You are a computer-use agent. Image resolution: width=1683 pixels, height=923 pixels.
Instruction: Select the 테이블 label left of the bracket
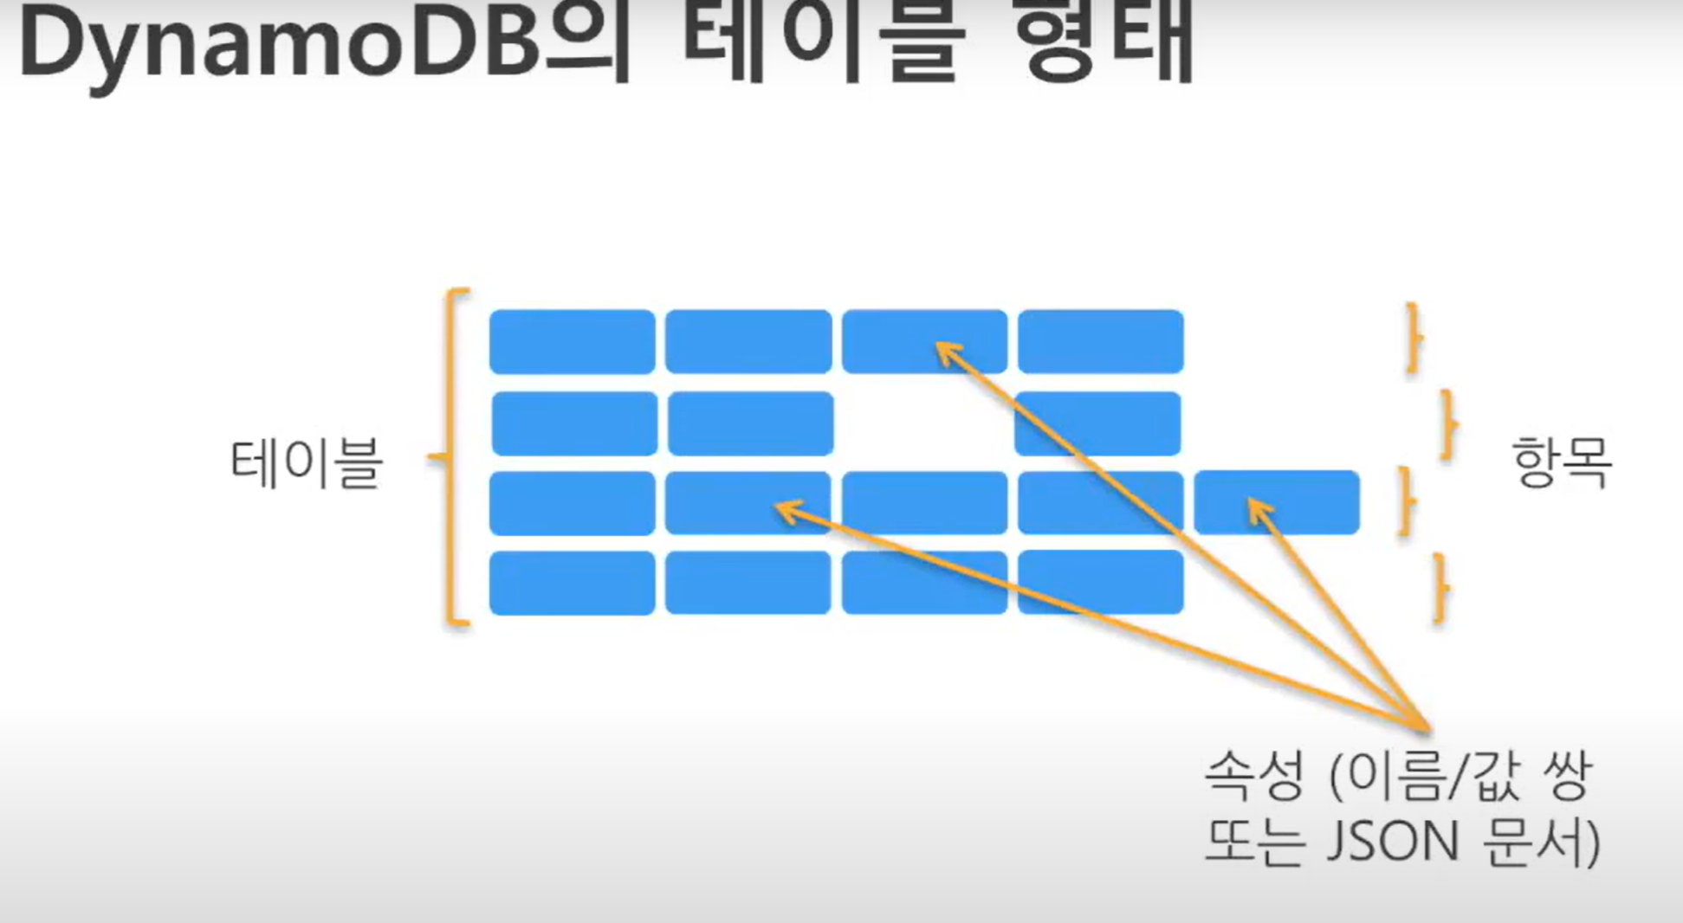click(306, 462)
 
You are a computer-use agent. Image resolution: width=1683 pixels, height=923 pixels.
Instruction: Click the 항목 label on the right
click(1562, 462)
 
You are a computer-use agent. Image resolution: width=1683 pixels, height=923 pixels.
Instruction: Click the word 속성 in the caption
click(1254, 776)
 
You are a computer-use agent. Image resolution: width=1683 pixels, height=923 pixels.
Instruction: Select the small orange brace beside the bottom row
click(1440, 589)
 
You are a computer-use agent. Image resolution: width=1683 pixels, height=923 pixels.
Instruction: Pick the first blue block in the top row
click(572, 342)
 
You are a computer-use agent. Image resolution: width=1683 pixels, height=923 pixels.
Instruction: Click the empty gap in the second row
click(923, 424)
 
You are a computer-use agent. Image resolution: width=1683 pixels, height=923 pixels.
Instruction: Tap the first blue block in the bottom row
click(572, 584)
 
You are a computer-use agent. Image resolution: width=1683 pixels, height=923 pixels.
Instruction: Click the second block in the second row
click(750, 424)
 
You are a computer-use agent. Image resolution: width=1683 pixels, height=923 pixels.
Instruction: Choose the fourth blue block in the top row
click(1100, 342)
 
